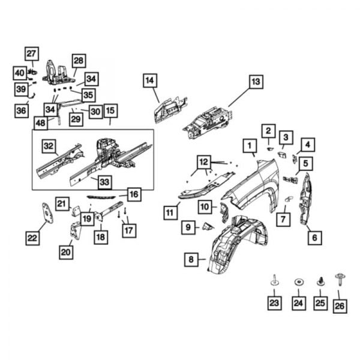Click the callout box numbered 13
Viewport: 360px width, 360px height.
tap(256, 82)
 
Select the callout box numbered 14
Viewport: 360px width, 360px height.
tap(150, 80)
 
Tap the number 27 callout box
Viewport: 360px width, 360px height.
tap(31, 53)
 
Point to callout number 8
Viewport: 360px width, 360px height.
tap(191, 260)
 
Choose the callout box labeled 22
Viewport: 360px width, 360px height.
tap(33, 238)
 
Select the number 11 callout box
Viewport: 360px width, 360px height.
tap(170, 212)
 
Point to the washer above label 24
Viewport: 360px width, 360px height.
tap(298, 281)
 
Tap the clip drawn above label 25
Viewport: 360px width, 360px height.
tap(320, 281)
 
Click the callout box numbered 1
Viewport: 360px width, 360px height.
tap(247, 145)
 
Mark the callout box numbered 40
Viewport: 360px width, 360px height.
tap(19, 73)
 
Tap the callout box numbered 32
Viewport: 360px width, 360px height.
tap(49, 145)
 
